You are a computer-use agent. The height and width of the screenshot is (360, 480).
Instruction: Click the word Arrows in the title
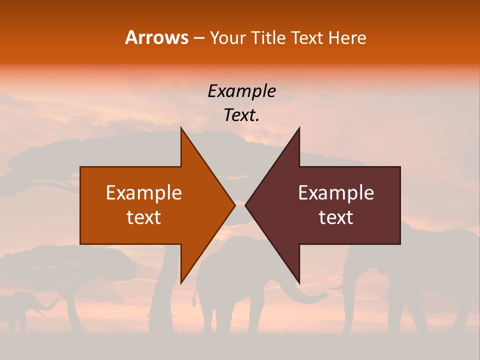[x=156, y=37]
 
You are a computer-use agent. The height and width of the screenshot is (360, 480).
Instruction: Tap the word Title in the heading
[x=271, y=38]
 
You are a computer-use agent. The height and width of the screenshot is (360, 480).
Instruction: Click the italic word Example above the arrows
[x=241, y=91]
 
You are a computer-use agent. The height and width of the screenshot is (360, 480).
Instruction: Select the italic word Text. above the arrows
[x=241, y=115]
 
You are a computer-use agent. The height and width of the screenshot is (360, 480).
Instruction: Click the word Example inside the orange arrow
[x=144, y=193]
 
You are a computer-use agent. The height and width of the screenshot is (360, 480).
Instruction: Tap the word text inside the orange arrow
[x=144, y=217]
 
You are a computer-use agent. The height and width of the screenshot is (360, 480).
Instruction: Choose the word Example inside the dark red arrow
[x=336, y=193]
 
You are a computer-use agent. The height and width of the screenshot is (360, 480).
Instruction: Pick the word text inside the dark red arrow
[x=336, y=217]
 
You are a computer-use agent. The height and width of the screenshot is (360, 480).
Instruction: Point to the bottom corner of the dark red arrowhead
[x=299, y=283]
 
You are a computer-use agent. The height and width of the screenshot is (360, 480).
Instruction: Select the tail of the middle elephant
[x=193, y=295]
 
